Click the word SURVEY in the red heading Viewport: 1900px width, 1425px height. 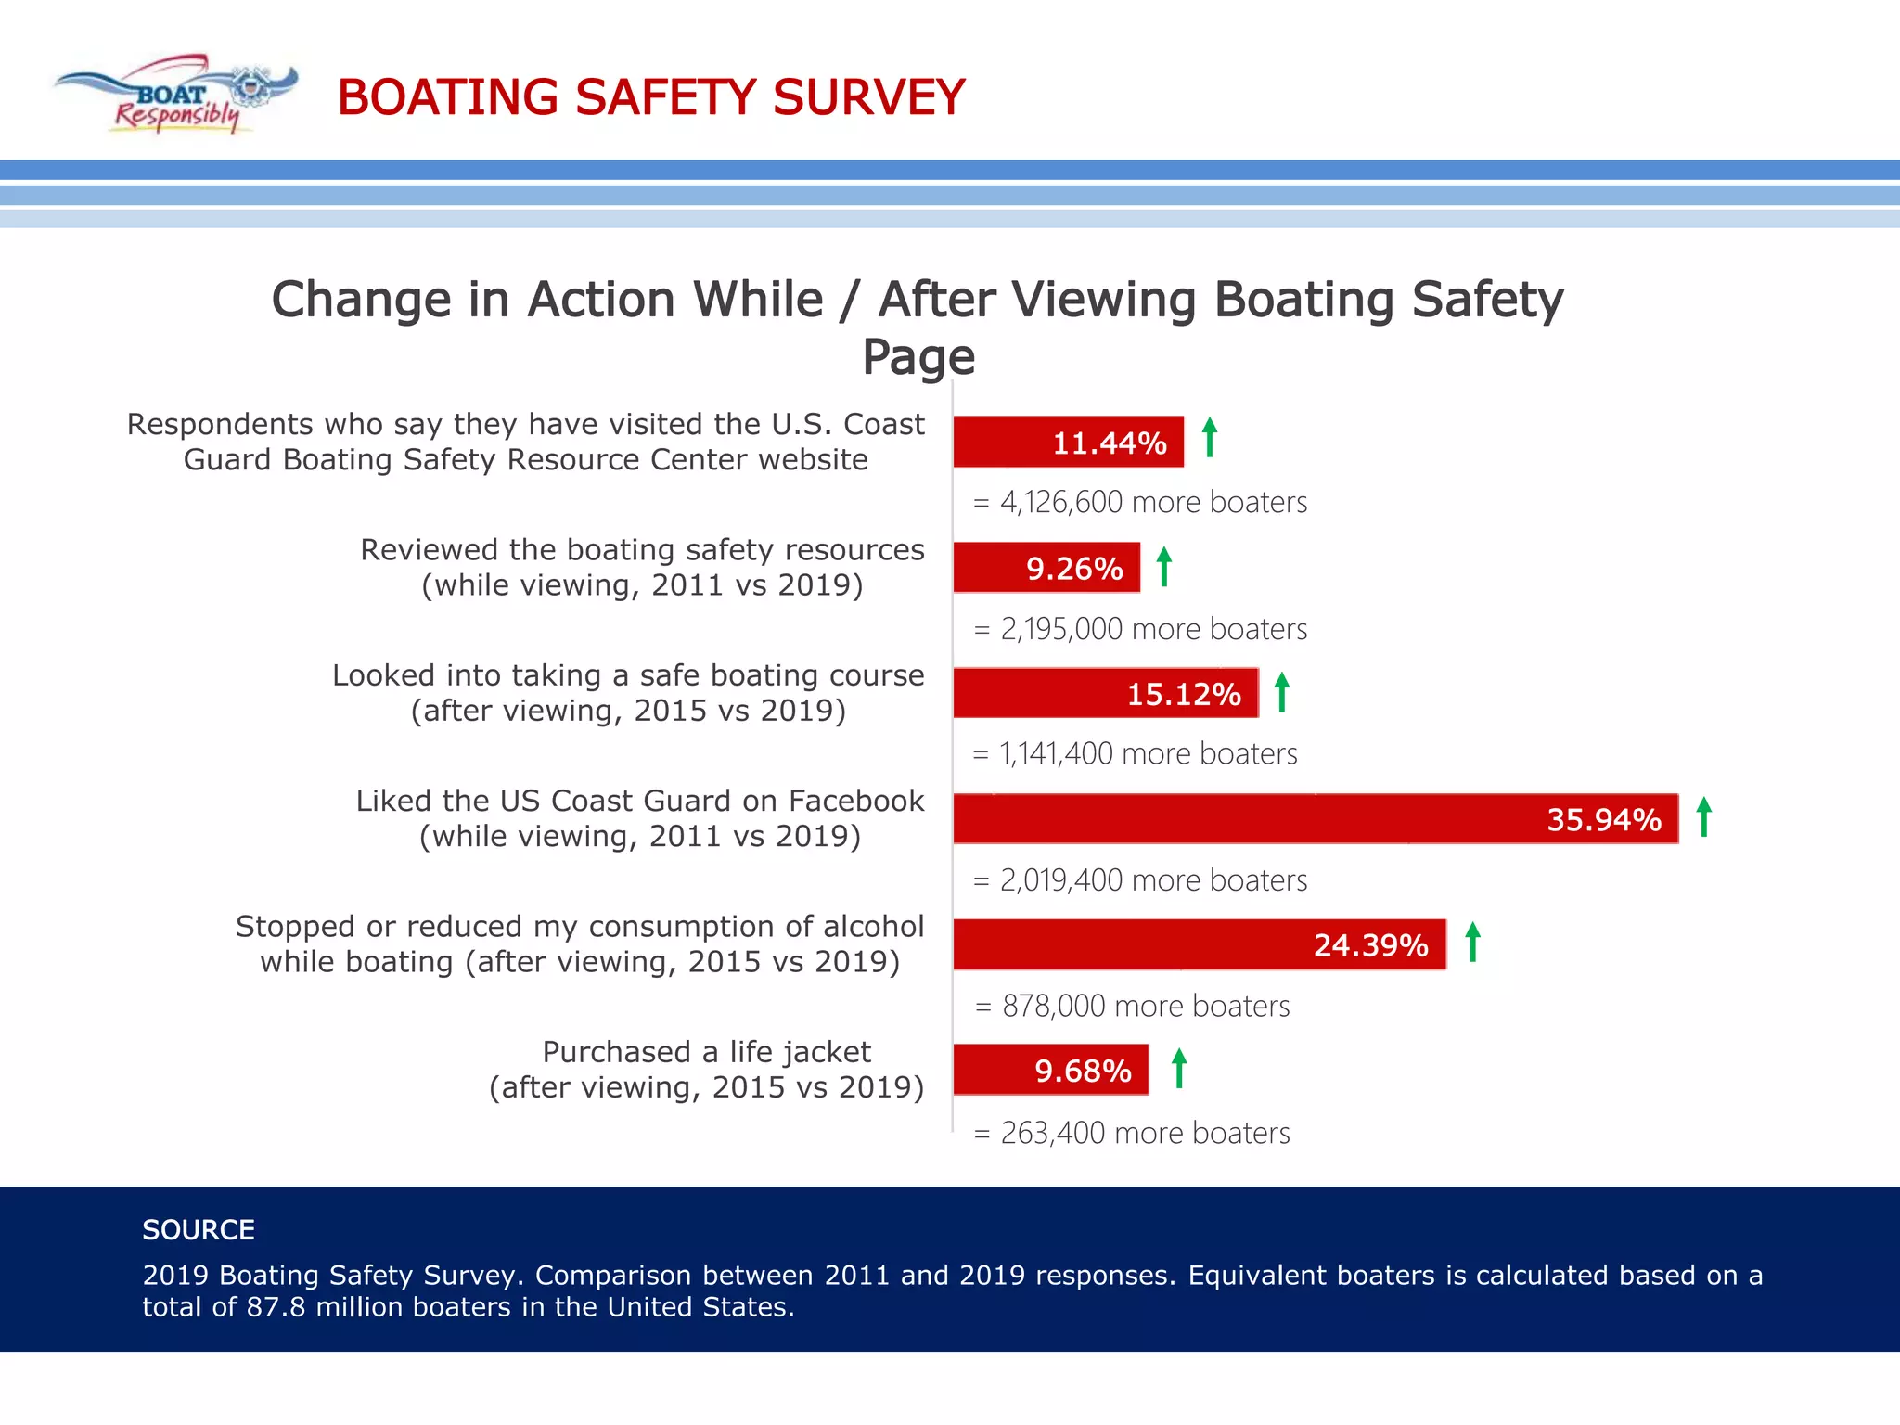(x=868, y=97)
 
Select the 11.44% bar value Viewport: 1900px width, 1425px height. (x=1109, y=443)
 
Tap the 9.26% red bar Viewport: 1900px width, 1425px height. (x=1046, y=568)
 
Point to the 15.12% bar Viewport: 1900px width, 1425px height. (x=1105, y=693)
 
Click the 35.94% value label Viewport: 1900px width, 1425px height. (x=1603, y=820)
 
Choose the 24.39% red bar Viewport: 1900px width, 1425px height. (x=1199, y=944)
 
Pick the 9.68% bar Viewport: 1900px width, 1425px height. (x=1050, y=1071)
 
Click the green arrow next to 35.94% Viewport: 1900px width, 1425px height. (x=1703, y=817)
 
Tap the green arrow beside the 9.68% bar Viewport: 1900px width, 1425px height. (x=1178, y=1068)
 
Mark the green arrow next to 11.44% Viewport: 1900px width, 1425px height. (x=1209, y=437)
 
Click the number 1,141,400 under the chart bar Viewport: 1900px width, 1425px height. (x=1056, y=754)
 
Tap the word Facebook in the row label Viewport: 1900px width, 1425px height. (x=855, y=801)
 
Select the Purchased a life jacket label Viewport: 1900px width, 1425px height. (x=706, y=1052)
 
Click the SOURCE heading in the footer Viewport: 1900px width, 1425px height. (x=199, y=1230)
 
